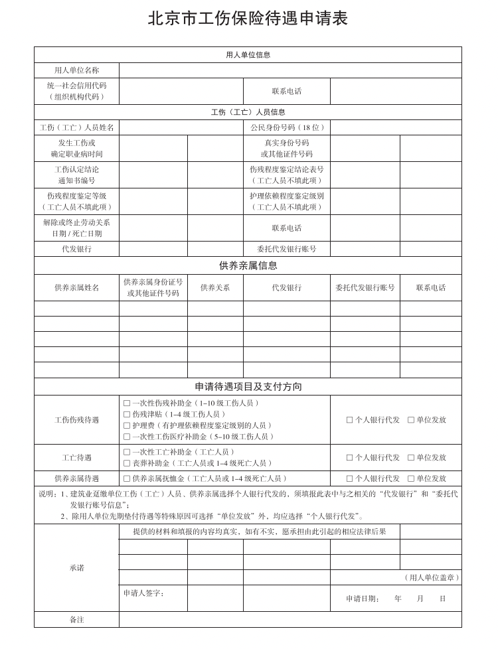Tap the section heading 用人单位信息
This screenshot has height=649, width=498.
click(x=248, y=55)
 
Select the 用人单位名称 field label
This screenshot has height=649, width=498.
click(x=76, y=70)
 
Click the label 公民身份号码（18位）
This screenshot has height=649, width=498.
click(x=286, y=127)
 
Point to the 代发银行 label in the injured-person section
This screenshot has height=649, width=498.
click(x=76, y=250)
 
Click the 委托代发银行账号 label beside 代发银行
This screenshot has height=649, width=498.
click(x=286, y=250)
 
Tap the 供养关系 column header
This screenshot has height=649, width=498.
click(x=215, y=288)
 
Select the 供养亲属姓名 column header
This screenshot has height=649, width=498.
click(x=76, y=288)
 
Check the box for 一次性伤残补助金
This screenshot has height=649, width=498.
click(x=127, y=403)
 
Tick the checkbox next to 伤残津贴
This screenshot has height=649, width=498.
click(x=127, y=414)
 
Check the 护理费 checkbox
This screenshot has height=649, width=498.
click(x=127, y=425)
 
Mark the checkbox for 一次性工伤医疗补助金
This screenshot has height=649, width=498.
click(x=127, y=437)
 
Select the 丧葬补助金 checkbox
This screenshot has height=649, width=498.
click(x=127, y=463)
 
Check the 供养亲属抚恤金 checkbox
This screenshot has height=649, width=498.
click(x=127, y=478)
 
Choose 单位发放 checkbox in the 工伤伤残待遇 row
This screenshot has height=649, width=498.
click(x=411, y=420)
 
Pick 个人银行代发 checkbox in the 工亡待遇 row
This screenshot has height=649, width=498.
click(x=350, y=458)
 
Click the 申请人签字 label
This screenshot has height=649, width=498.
click(x=143, y=593)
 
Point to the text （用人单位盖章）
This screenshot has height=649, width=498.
click(x=432, y=578)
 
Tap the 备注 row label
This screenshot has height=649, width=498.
click(x=76, y=620)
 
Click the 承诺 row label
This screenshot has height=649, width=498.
click(x=76, y=568)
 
